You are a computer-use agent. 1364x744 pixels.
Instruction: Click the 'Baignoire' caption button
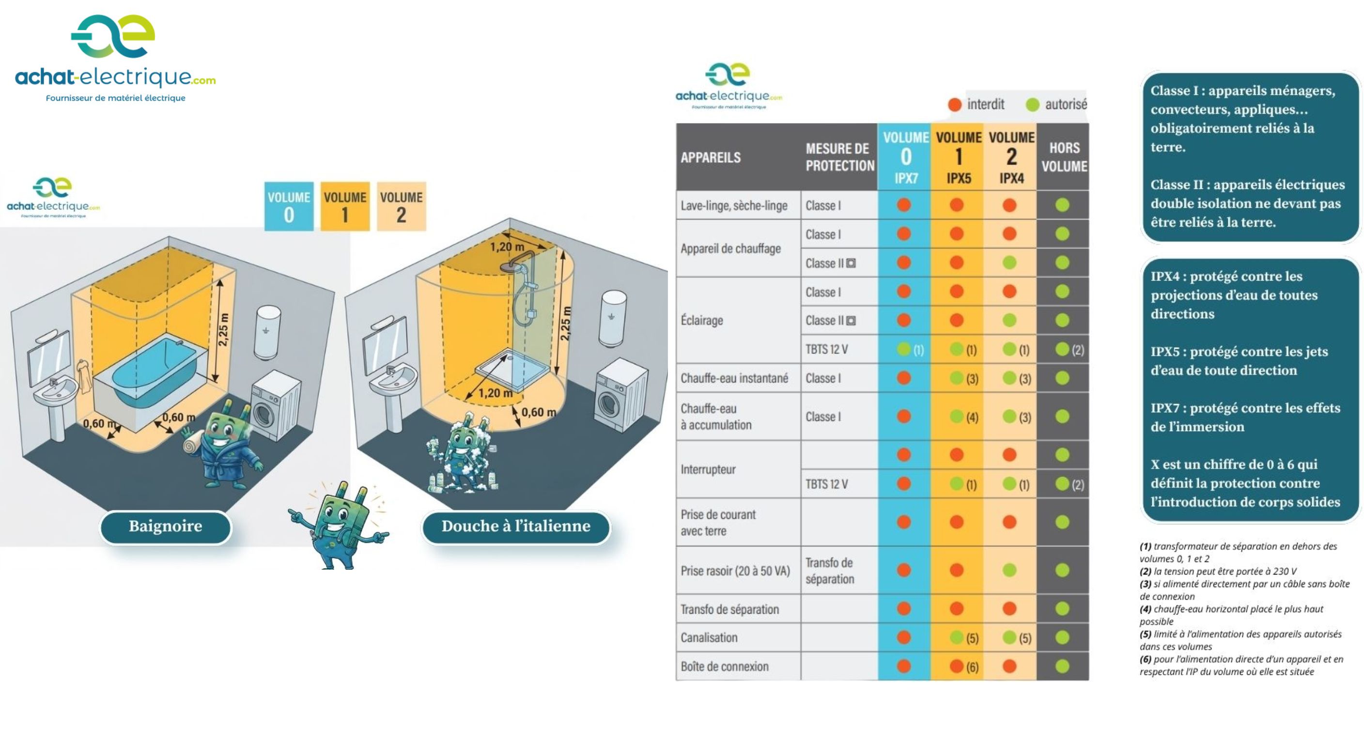point(166,527)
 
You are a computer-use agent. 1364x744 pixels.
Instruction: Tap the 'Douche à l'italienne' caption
point(516,527)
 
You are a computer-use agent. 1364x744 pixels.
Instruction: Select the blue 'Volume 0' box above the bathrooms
point(289,206)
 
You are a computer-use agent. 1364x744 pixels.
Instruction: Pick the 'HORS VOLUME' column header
point(1064,157)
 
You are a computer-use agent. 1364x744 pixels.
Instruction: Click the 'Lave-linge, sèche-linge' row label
point(734,205)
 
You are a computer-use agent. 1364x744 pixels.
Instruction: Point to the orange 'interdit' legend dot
point(955,105)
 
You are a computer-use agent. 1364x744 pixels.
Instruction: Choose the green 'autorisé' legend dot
point(1033,105)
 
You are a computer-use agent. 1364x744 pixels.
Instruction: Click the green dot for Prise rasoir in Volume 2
point(1010,570)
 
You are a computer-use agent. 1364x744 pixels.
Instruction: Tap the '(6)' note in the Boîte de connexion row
point(972,667)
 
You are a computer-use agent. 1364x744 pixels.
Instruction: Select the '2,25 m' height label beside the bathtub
point(223,330)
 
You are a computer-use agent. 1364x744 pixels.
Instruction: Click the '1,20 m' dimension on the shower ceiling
point(507,247)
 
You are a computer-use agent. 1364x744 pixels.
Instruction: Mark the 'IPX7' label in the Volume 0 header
point(906,178)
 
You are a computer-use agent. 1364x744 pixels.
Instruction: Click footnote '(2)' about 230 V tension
point(1218,572)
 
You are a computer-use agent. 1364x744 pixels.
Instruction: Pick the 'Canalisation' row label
point(709,637)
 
